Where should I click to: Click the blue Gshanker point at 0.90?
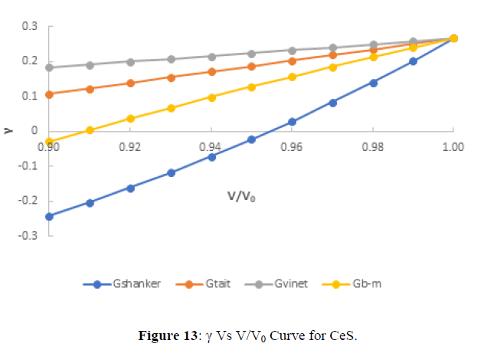50,216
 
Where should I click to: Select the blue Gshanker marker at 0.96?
292,122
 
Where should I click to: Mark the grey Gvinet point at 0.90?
50,67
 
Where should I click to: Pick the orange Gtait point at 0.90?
50,94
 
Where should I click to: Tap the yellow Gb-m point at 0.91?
90,130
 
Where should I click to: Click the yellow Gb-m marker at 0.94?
211,97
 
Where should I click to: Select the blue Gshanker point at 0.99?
413,61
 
